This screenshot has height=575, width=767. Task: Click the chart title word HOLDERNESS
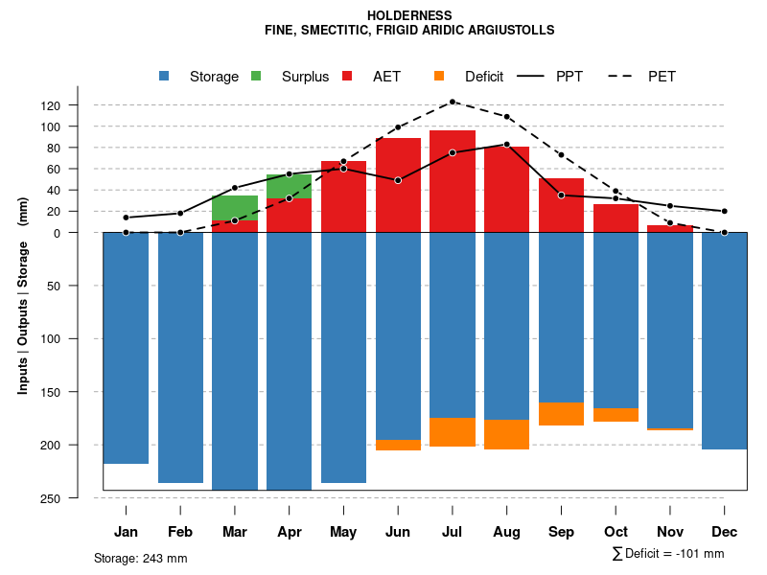409,15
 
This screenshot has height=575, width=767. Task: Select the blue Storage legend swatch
164,76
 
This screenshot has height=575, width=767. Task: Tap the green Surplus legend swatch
256,76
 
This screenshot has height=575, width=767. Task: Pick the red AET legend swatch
347,76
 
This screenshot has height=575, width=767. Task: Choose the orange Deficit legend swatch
439,76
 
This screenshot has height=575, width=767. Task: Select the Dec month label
725,532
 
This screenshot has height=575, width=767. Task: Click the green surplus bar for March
235,208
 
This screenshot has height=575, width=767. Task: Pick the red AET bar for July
453,182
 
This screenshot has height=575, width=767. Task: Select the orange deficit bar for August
507,434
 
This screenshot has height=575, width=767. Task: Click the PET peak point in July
453,102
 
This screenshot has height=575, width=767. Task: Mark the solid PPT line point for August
507,144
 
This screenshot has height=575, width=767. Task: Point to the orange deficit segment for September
561,414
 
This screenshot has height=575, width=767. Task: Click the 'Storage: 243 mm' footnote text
141,558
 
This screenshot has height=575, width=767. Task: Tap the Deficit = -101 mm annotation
668,554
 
